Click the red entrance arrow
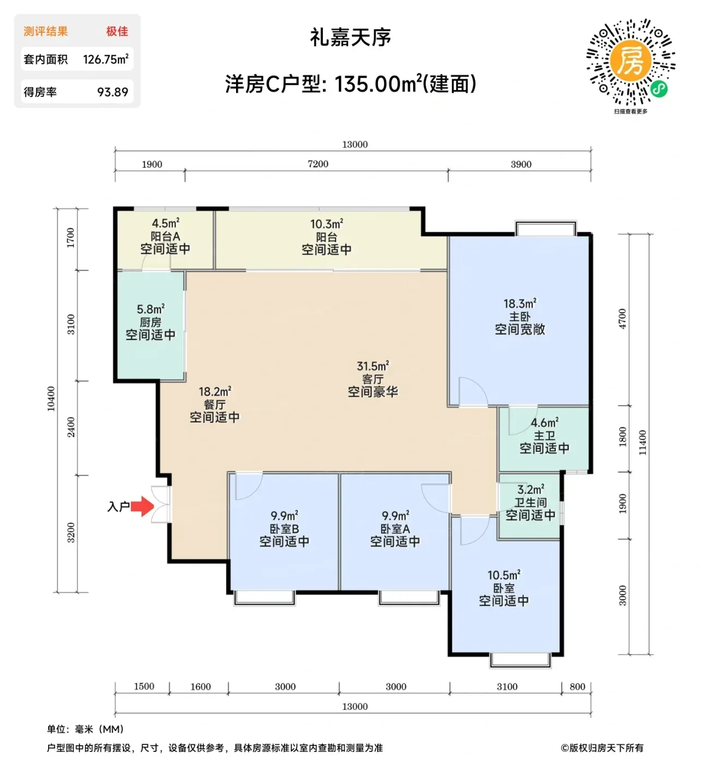[x=142, y=506]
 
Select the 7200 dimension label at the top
[x=317, y=164]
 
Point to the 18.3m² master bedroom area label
[x=520, y=304]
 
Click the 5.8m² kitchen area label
[x=151, y=309]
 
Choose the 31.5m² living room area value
[x=373, y=366]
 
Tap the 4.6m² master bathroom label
[x=544, y=422]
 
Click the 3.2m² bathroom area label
[x=531, y=489]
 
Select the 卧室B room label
[x=284, y=528]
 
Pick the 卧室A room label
[x=395, y=528]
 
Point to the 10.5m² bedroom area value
[x=504, y=575]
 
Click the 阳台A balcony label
[x=165, y=236]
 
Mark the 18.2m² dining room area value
[x=215, y=392]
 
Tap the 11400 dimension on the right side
[x=643, y=443]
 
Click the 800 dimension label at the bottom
[x=577, y=686]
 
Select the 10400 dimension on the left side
[x=51, y=399]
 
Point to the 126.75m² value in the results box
[x=105, y=59]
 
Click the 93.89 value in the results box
[x=113, y=92]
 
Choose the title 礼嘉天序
[x=351, y=37]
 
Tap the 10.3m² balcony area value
[x=327, y=224]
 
